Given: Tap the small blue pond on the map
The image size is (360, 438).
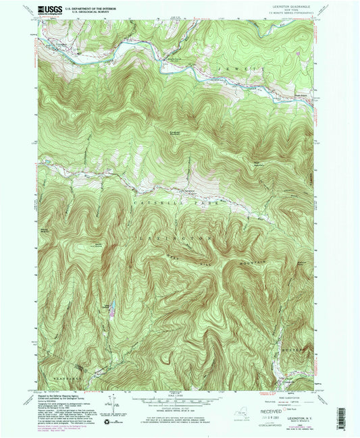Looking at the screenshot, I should (x=113, y=311).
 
